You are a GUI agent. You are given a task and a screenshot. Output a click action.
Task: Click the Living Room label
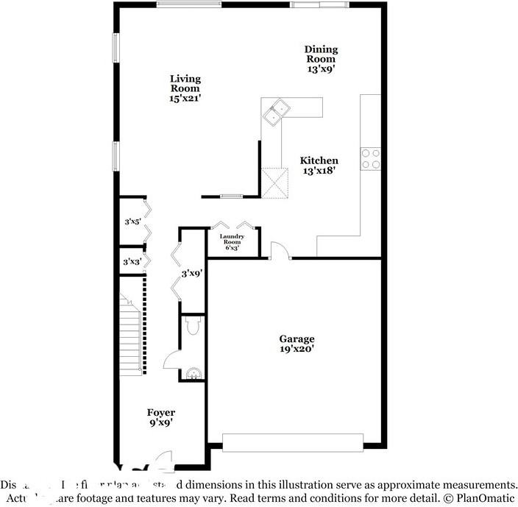tap(185, 88)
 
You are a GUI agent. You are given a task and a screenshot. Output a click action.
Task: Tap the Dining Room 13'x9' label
tap(322, 59)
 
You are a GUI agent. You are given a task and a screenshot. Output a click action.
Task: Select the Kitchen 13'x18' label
tap(319, 166)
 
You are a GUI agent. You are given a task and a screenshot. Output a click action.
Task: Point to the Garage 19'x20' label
tap(297, 344)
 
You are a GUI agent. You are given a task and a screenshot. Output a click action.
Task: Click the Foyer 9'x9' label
tap(160, 418)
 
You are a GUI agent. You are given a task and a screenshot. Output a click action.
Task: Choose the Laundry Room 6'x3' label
tap(232, 242)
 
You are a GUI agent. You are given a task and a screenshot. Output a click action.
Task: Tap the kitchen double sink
tap(278, 110)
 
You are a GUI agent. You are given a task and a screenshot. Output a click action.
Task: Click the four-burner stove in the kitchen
tap(370, 159)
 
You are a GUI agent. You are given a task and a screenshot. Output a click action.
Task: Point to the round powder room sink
tap(194, 374)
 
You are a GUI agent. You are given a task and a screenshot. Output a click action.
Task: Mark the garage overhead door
tap(293, 442)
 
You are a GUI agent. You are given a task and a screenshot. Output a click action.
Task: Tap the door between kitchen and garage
tap(280, 252)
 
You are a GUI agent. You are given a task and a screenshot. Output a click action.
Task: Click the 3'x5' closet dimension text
tap(133, 221)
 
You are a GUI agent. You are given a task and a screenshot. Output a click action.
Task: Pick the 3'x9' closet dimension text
tap(192, 273)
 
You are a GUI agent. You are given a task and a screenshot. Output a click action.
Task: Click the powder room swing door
tap(171, 360)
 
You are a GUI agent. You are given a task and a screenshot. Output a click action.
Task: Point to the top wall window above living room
tap(189, 4)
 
